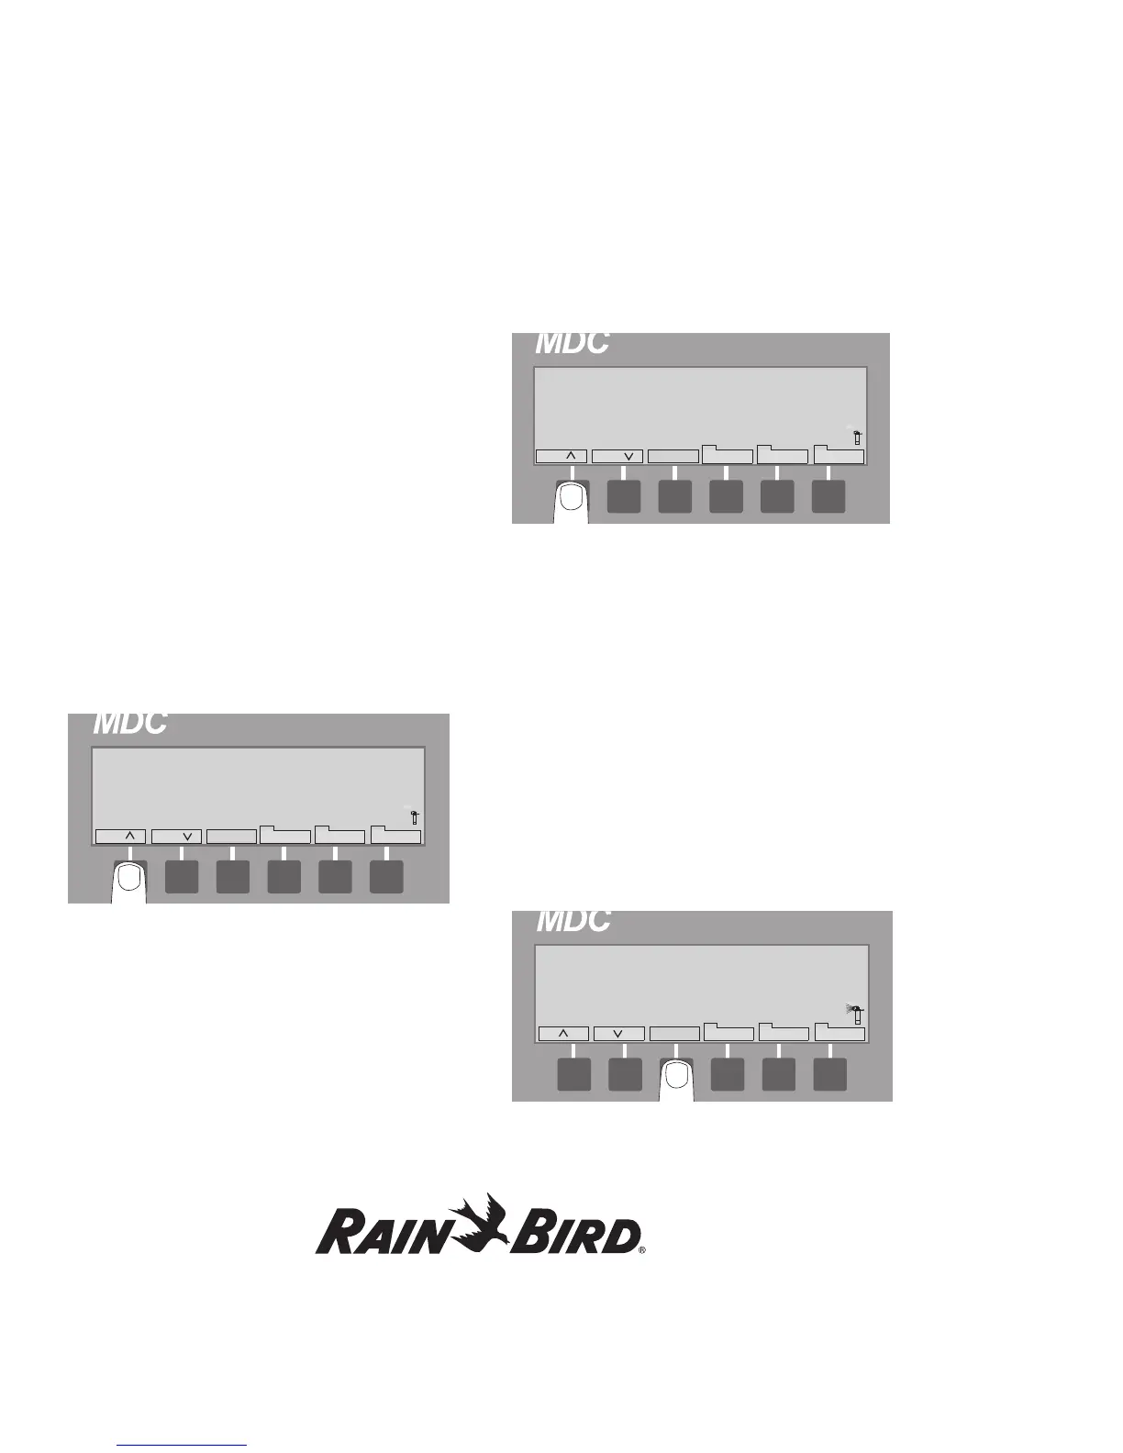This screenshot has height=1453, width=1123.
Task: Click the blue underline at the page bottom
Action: tap(183, 1446)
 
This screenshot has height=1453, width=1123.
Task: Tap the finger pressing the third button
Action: tap(677, 1080)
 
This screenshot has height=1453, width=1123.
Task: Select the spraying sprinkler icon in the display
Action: tap(855, 1013)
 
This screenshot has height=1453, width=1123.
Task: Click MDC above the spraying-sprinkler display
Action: tap(573, 920)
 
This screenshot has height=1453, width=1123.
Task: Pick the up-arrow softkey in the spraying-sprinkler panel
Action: tap(563, 1034)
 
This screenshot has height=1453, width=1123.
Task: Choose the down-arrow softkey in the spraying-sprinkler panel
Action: tap(617, 1034)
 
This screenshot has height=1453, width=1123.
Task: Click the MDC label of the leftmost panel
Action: tap(130, 723)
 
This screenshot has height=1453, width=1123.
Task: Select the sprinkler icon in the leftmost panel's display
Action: tap(415, 815)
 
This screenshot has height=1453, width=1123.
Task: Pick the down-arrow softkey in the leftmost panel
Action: tap(176, 837)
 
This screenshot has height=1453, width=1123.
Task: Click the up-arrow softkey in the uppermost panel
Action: tap(561, 456)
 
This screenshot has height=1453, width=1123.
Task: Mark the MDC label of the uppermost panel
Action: tap(572, 343)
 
